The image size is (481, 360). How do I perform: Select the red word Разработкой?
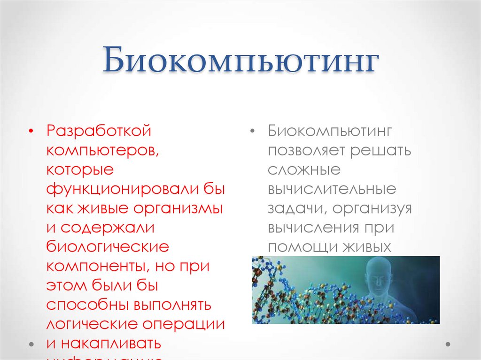(x=99, y=131)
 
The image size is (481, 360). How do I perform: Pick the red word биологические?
(x=108, y=247)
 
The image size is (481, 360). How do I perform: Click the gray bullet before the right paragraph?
(x=253, y=131)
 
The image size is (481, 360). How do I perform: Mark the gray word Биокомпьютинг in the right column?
(x=330, y=131)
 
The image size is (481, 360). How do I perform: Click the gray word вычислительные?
(x=332, y=189)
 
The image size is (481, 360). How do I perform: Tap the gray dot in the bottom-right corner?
(x=449, y=344)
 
